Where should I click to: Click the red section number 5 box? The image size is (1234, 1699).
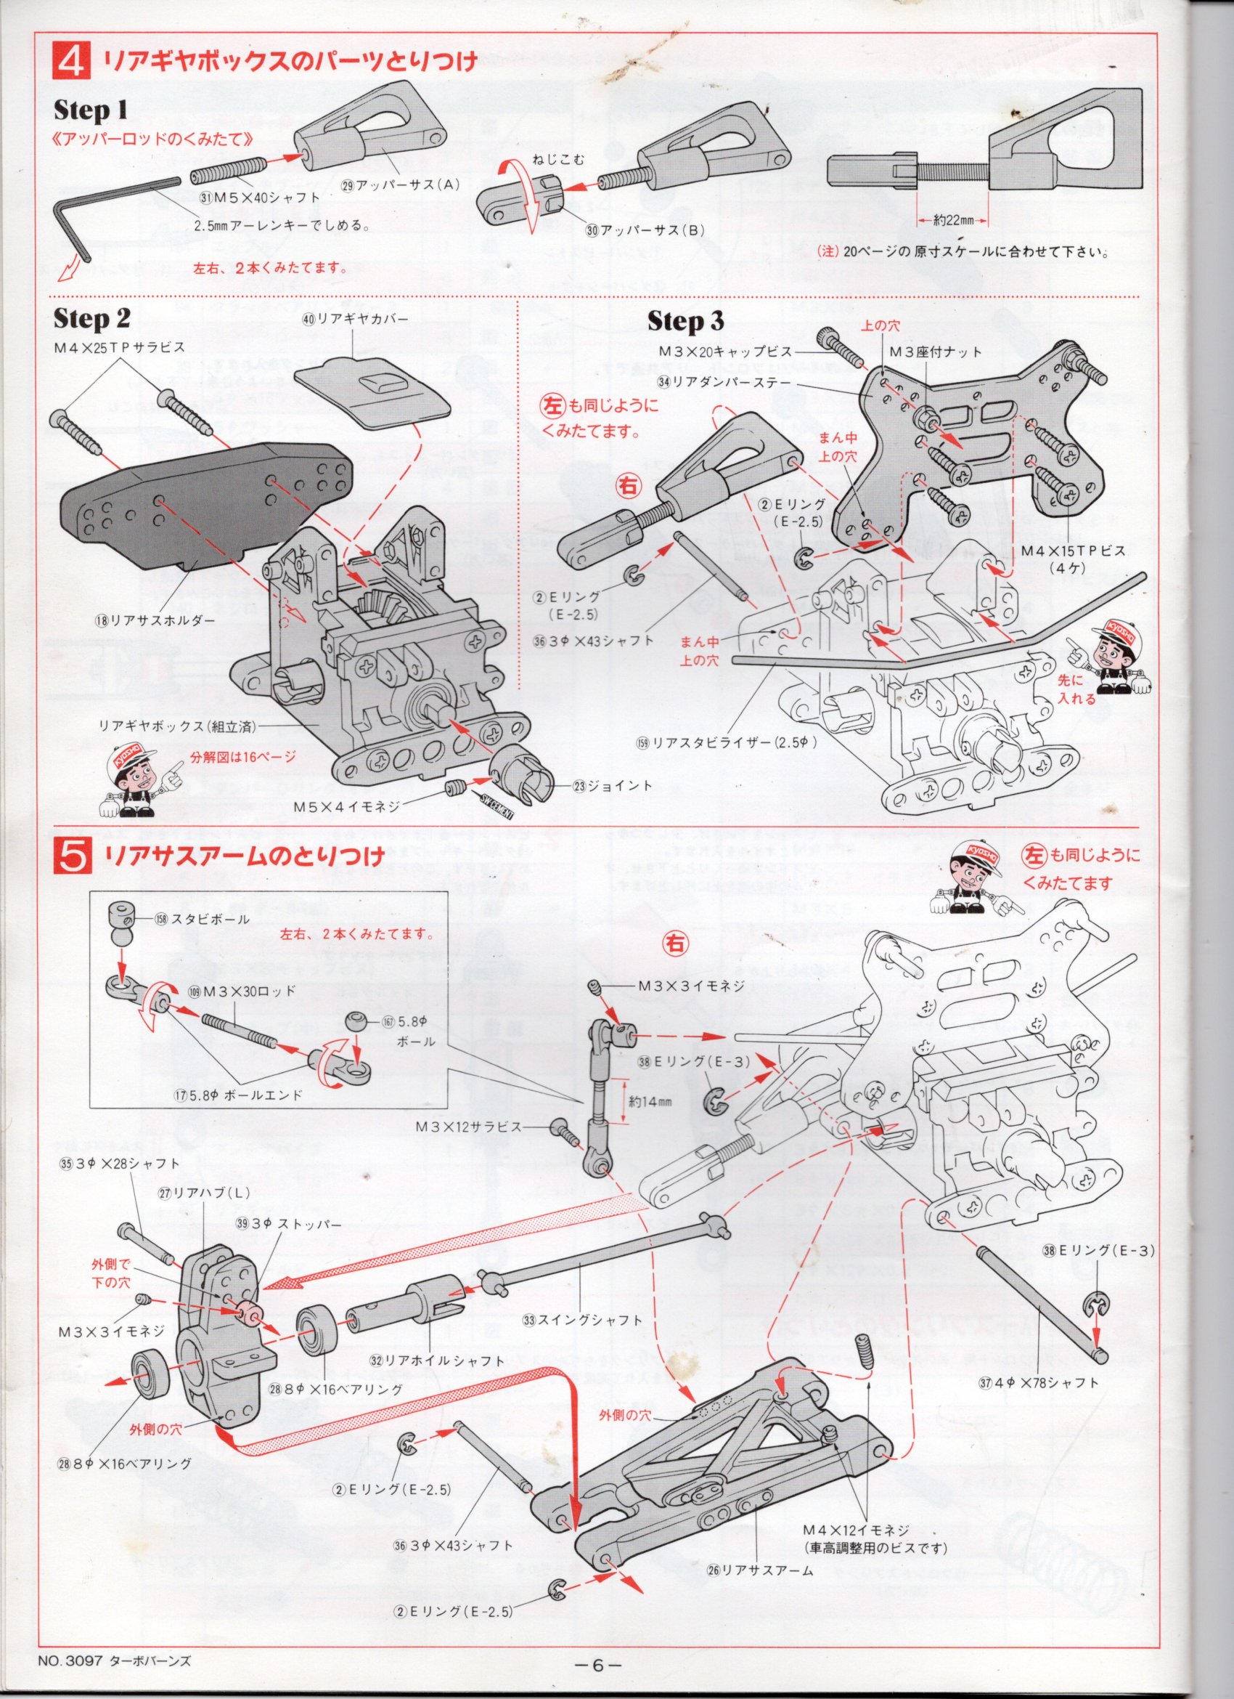pos(72,856)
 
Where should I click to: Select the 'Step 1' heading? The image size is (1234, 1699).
pos(91,112)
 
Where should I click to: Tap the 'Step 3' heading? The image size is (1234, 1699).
pos(685,322)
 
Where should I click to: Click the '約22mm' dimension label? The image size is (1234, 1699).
pos(952,220)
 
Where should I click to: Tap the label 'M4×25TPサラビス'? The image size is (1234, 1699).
pos(118,348)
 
